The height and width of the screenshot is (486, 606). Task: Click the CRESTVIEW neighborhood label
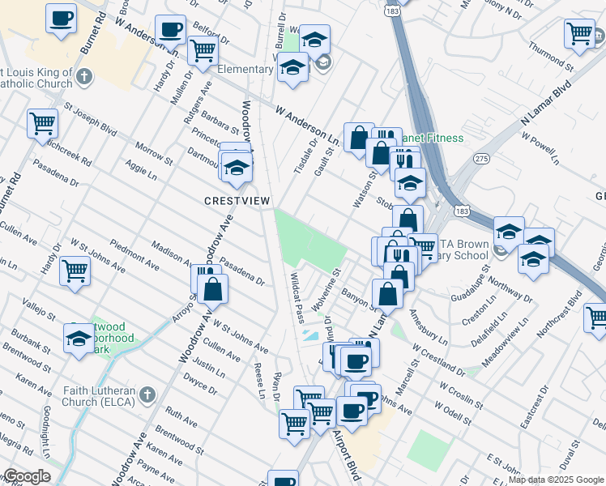click(x=237, y=200)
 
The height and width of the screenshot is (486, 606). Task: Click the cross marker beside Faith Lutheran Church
click(x=147, y=394)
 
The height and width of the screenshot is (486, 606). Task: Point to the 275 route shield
click(x=483, y=160)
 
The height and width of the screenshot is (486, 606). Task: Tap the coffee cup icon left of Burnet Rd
click(x=61, y=18)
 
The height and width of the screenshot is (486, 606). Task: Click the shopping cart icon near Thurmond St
click(x=578, y=34)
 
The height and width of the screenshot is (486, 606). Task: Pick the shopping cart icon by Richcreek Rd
click(x=42, y=124)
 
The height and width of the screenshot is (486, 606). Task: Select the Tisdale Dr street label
click(x=308, y=150)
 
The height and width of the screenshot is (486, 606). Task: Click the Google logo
click(x=27, y=476)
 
